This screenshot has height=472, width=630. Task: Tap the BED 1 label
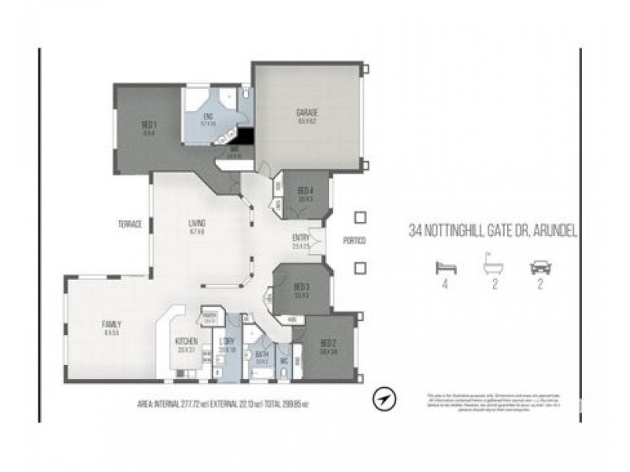point(149,124)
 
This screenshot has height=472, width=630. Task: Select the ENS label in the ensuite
point(208,116)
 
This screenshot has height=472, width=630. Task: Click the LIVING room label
point(196,223)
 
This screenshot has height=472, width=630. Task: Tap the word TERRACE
point(130,224)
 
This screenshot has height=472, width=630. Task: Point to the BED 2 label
point(328,344)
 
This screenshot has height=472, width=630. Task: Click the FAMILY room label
point(113,324)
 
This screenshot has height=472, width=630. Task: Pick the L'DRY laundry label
point(227,342)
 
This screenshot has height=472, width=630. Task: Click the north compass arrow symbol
point(384,399)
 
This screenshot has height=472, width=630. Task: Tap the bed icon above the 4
point(446,267)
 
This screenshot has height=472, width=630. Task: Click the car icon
point(540,267)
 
